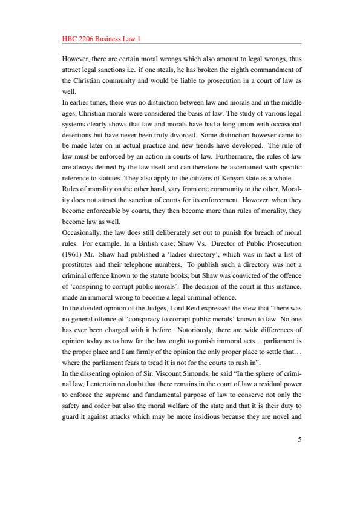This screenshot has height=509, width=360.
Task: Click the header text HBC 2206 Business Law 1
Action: click(x=101, y=39)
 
